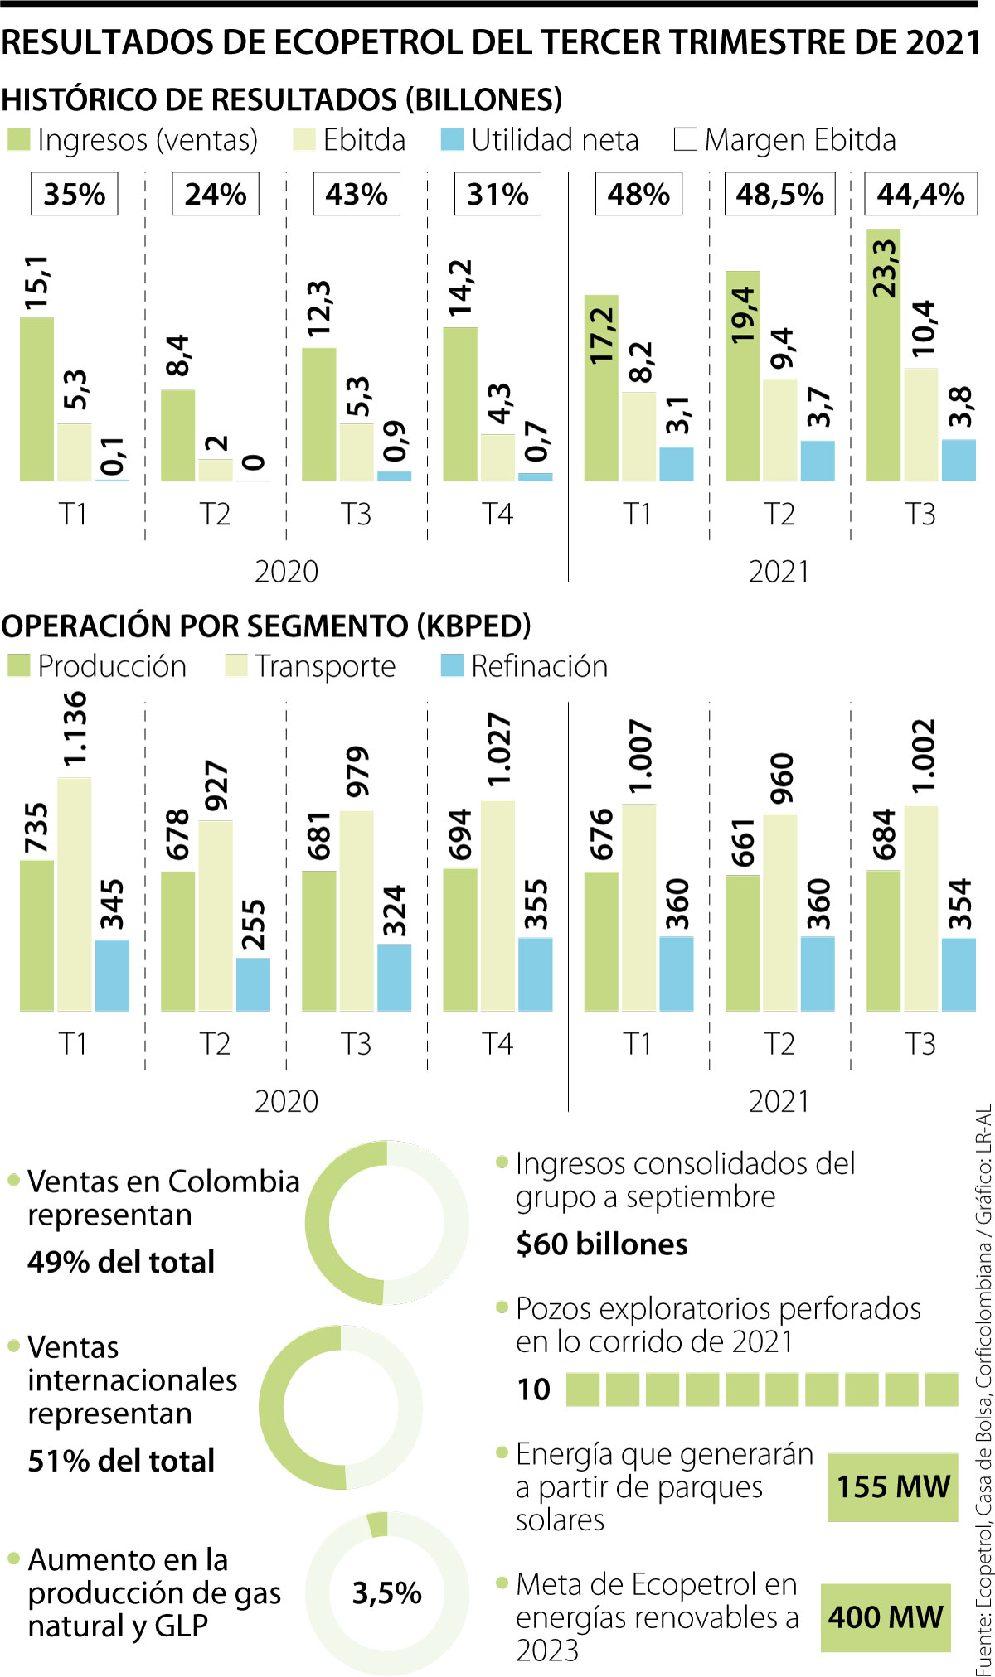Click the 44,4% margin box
click(x=920, y=194)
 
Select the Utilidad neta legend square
click(x=452, y=139)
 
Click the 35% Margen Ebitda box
click(x=75, y=194)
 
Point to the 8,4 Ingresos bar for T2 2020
click(x=177, y=435)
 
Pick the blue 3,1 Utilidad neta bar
click(x=676, y=464)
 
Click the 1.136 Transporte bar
click(x=75, y=895)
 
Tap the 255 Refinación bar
click(x=253, y=984)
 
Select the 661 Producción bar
click(x=742, y=943)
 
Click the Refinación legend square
click(x=452, y=665)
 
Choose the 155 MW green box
click(x=893, y=1486)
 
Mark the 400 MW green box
click(x=886, y=1617)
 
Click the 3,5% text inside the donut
click(x=386, y=1592)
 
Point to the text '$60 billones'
click(x=601, y=1244)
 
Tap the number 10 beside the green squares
click(x=534, y=1389)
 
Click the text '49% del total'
click(x=121, y=1262)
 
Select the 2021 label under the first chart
click(x=779, y=572)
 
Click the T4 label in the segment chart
click(x=498, y=1044)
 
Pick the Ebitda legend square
click(x=304, y=139)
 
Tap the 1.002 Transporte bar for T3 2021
click(x=920, y=907)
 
